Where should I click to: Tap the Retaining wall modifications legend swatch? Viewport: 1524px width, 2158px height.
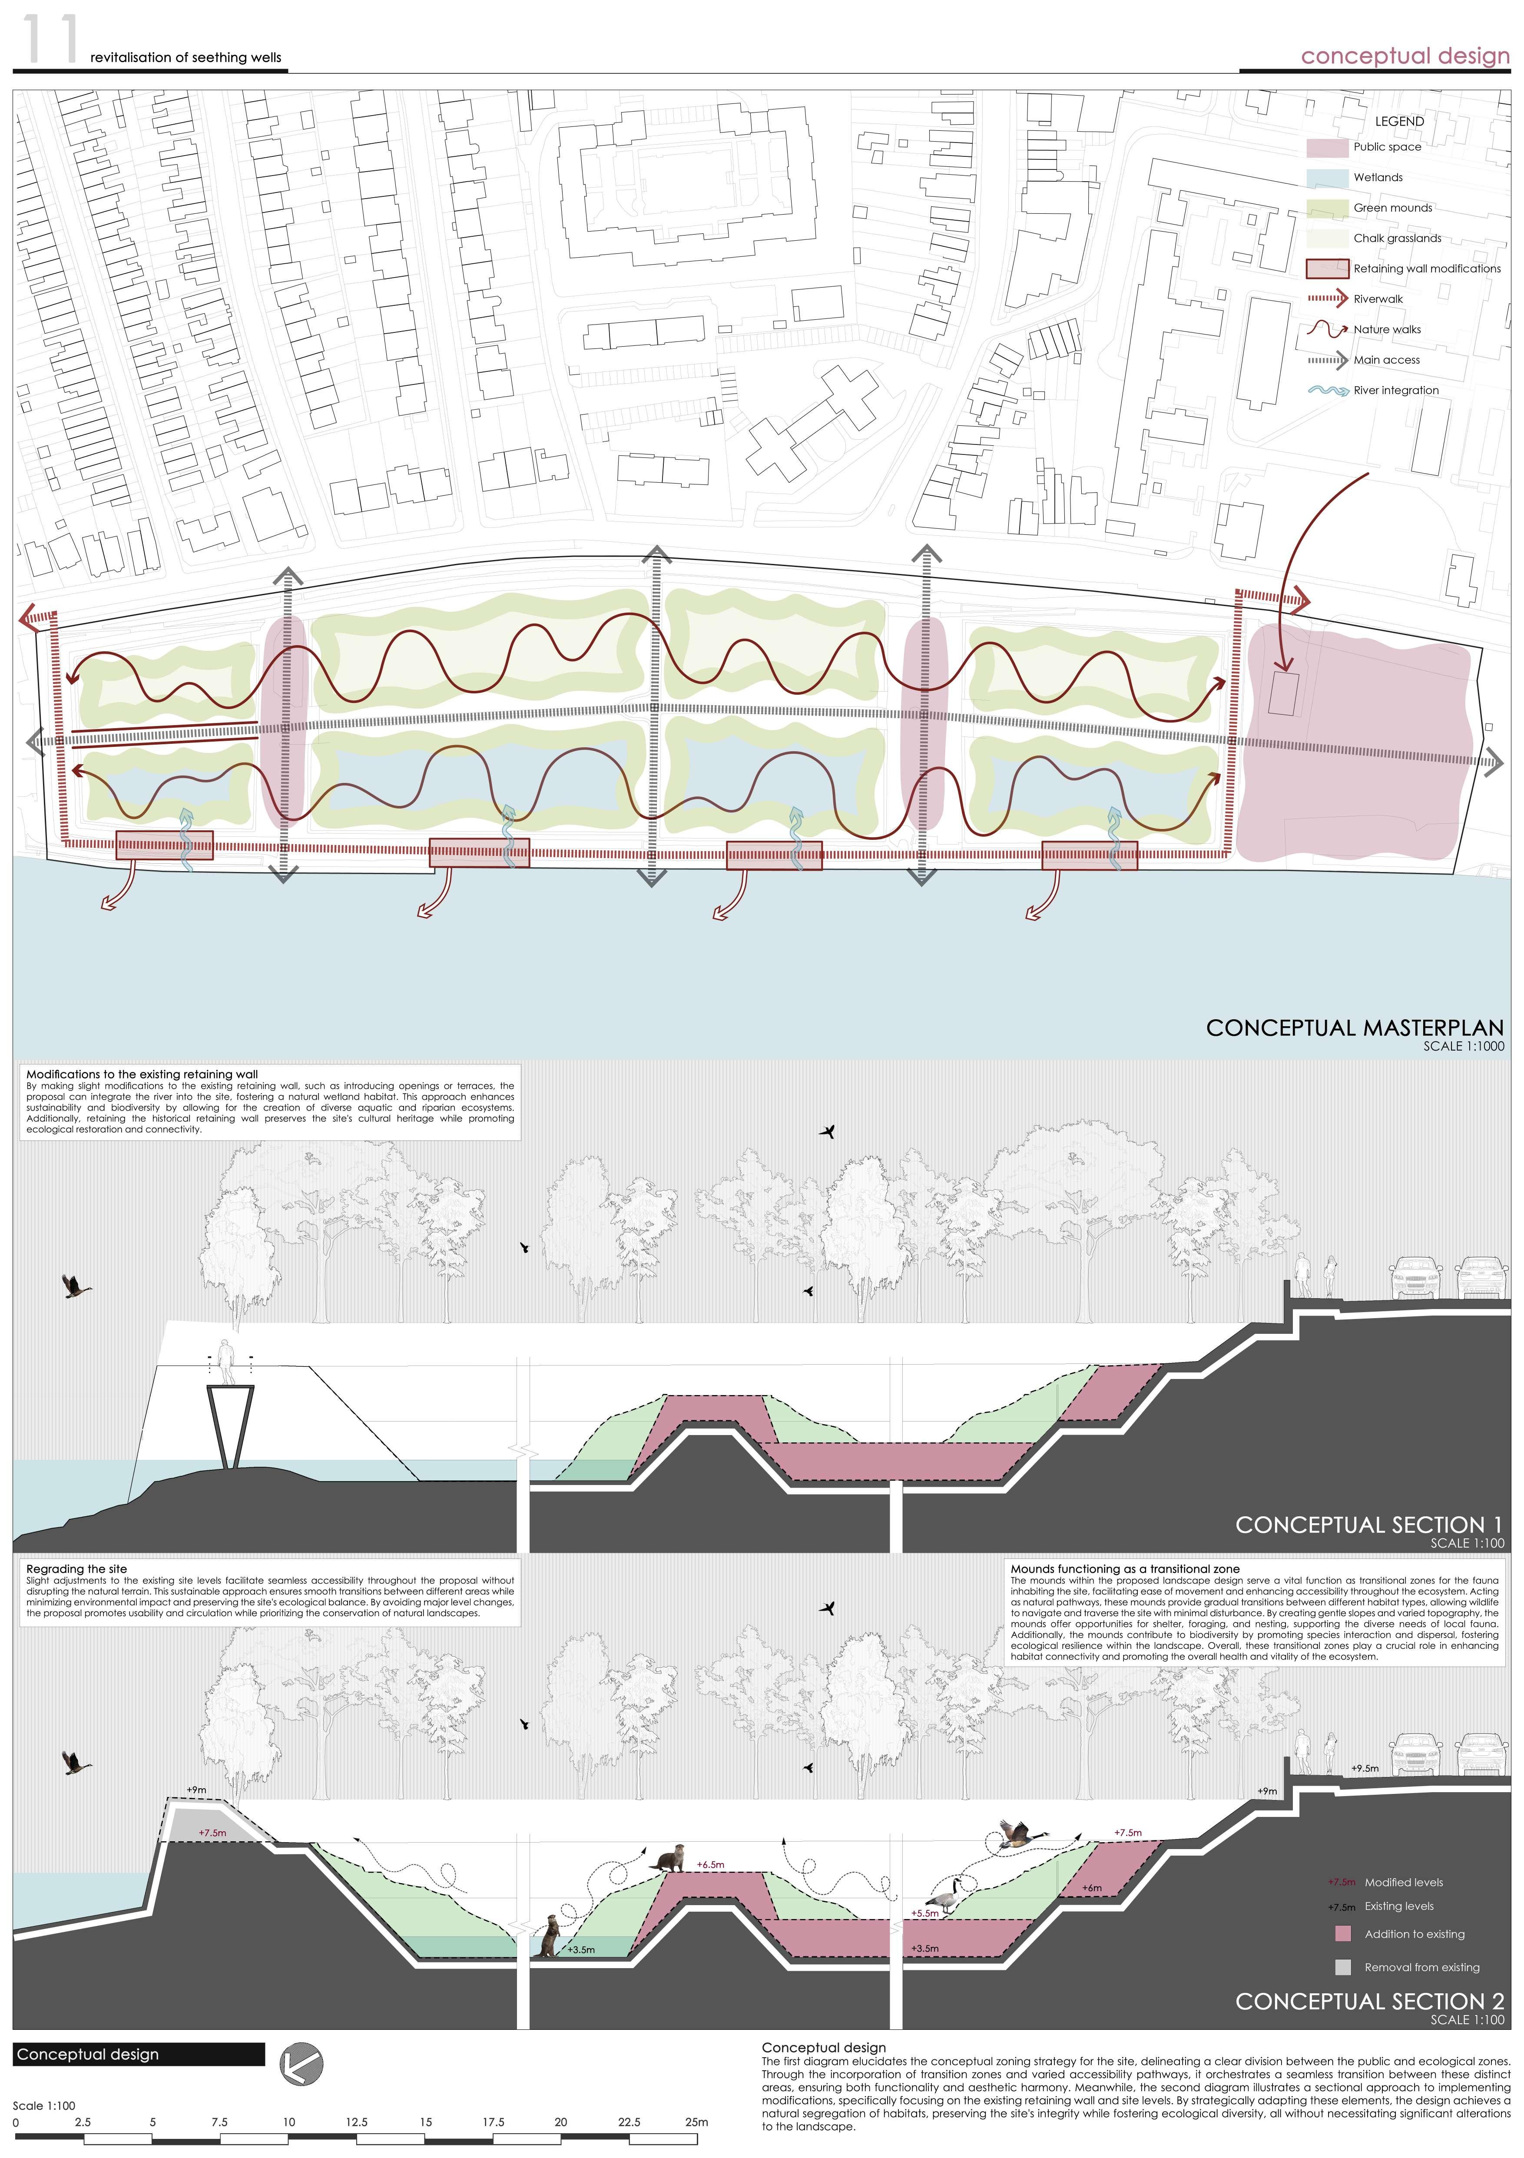click(x=1327, y=269)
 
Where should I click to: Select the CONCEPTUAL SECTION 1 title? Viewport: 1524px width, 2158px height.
click(x=1368, y=1525)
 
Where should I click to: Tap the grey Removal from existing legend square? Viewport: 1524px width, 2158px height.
click(x=1343, y=1967)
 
